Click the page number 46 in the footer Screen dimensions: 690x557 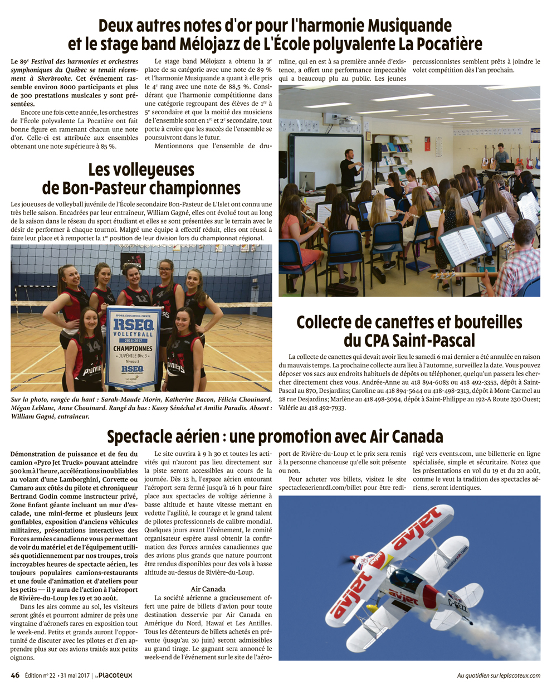click(15, 675)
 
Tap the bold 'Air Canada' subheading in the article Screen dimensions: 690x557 click(208, 589)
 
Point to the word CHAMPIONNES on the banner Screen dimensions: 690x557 click(133, 348)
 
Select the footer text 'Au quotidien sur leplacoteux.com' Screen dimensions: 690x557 click(499, 676)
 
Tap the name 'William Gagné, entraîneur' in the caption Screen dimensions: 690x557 click(50, 416)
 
